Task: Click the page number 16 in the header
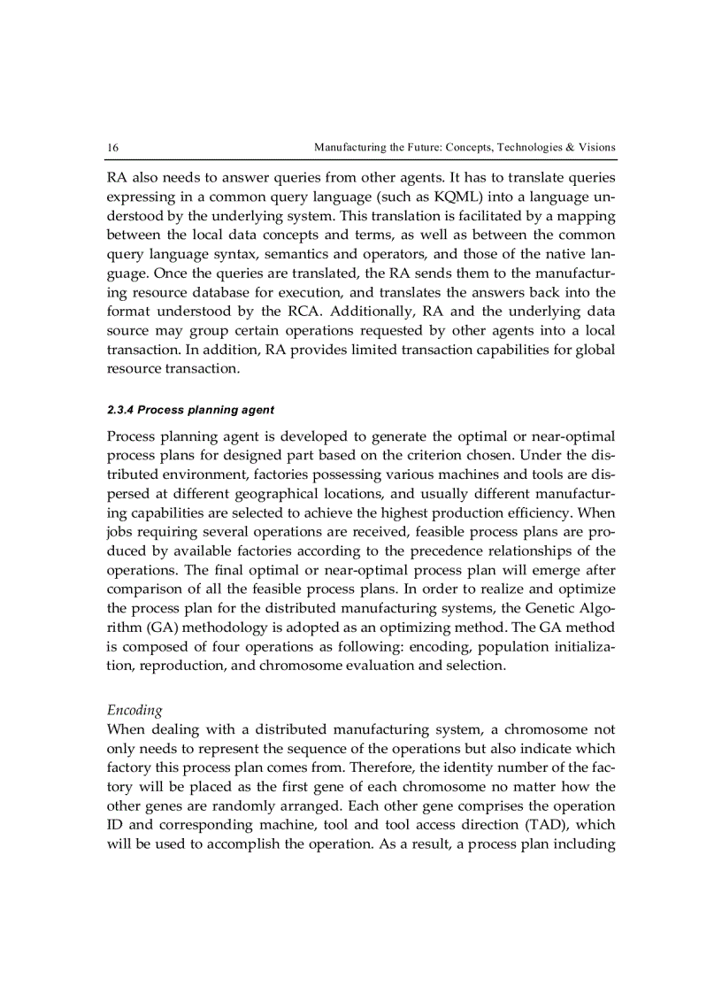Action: click(x=112, y=147)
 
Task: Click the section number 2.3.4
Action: click(x=121, y=410)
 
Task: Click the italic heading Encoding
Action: click(x=134, y=710)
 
